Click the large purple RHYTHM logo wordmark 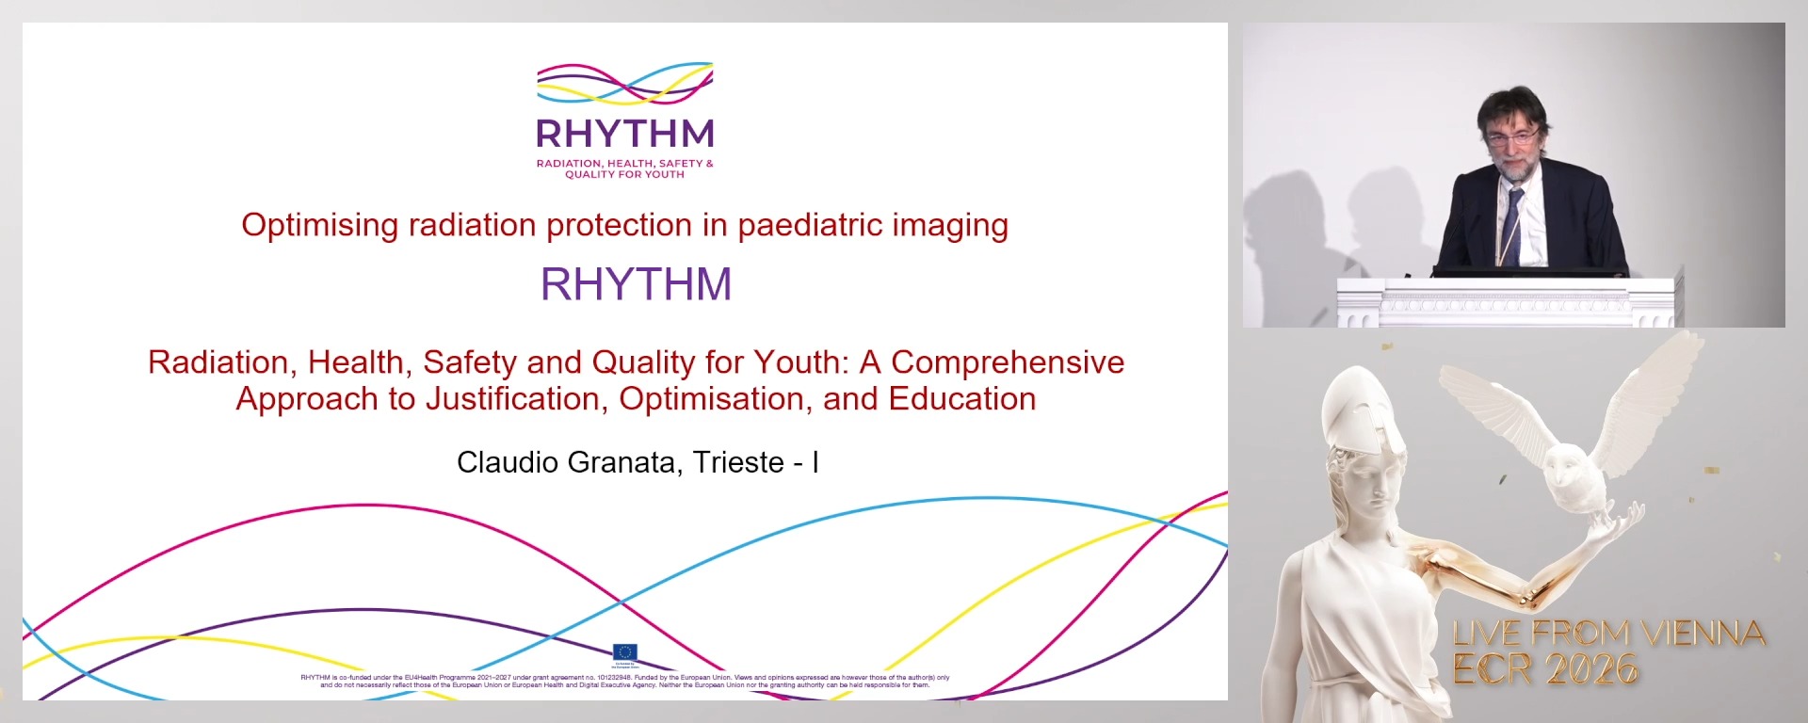[x=624, y=135]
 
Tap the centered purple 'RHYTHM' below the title [x=636, y=284]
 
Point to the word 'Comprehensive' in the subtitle [x=1007, y=362]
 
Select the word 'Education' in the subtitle [x=961, y=399]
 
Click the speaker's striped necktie [x=1511, y=226]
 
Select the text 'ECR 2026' [x=1544, y=670]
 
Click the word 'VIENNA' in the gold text [x=1704, y=634]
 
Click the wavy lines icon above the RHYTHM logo [x=624, y=84]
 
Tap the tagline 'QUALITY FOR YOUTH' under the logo [x=624, y=174]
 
